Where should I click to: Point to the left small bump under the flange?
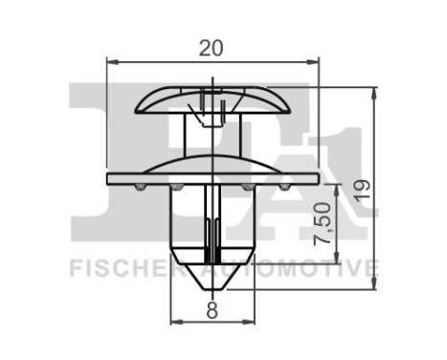pyautogui.click(x=142, y=189)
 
